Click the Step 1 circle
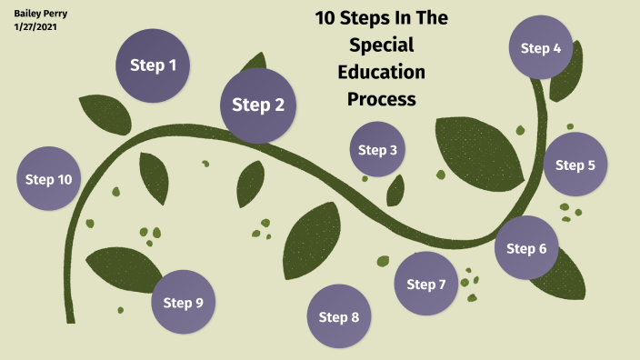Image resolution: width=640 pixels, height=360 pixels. click(x=153, y=65)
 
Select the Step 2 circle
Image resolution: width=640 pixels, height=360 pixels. click(x=258, y=105)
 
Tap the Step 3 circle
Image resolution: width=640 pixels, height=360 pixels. click(x=377, y=150)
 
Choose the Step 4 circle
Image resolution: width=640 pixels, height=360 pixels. click(x=541, y=48)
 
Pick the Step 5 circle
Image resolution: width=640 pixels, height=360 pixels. click(x=575, y=165)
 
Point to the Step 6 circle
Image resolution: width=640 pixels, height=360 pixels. click(x=526, y=248)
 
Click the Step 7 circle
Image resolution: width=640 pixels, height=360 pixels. click(x=425, y=285)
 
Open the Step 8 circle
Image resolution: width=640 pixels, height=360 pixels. click(x=339, y=316)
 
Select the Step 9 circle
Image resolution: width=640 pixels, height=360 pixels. click(x=183, y=303)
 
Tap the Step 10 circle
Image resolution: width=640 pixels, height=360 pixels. click(x=49, y=179)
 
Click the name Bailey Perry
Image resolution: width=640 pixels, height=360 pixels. click(x=41, y=14)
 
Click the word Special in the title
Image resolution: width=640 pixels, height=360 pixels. click(x=381, y=45)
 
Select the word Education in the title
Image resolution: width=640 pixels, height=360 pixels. click(x=381, y=71)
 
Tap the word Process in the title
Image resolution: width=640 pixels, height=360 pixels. click(x=381, y=98)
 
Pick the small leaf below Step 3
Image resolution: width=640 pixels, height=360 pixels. click(x=395, y=191)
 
